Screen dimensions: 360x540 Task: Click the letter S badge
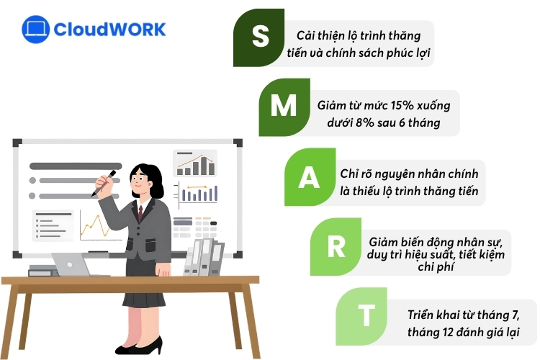[x=260, y=37]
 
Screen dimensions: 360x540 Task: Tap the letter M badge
[x=284, y=107]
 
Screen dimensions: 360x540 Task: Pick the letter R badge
[x=336, y=246]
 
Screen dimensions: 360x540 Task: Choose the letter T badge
[x=366, y=315]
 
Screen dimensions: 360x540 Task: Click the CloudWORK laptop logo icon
[x=35, y=30]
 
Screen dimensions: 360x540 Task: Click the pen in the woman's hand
[x=104, y=184]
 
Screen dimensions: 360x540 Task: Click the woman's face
[x=141, y=183]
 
